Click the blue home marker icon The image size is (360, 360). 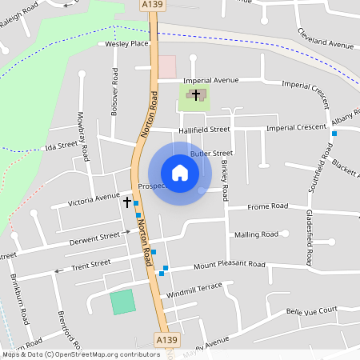(180, 173)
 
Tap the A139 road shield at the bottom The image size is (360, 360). (165, 340)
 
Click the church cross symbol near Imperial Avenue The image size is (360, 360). (196, 94)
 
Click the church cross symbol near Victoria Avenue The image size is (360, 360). (126, 202)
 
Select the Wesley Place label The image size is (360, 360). (127, 45)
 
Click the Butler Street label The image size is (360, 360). (211, 153)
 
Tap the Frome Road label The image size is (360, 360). (267, 206)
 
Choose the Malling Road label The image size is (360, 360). (257, 234)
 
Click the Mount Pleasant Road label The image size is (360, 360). (229, 264)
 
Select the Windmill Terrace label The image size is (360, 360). (194, 290)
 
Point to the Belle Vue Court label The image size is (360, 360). (312, 310)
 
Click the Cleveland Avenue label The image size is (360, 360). (325, 42)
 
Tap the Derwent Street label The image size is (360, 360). (95, 237)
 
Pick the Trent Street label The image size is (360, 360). (90, 264)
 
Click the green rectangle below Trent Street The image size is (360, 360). (122, 302)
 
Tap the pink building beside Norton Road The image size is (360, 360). (166, 66)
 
